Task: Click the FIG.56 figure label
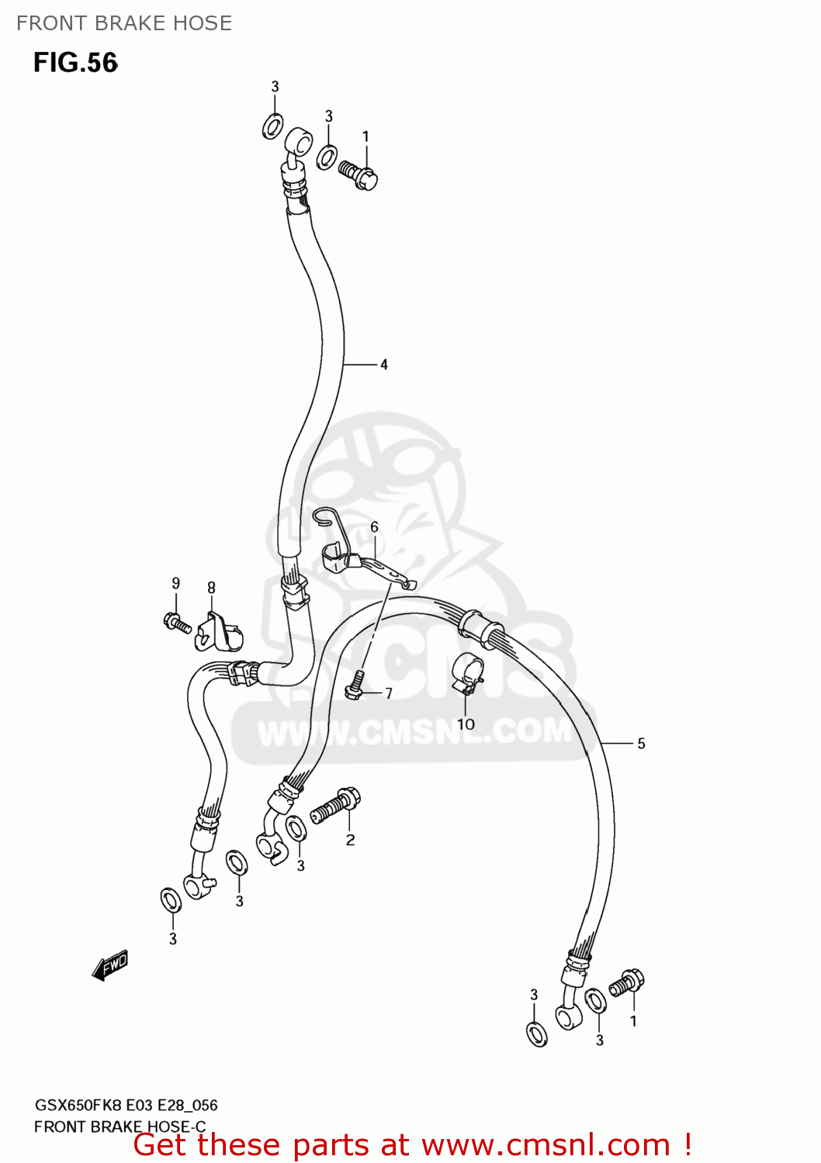click(x=75, y=63)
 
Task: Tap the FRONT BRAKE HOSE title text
click(x=124, y=23)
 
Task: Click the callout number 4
click(x=383, y=364)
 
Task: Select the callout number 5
click(x=641, y=744)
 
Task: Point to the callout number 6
click(x=374, y=527)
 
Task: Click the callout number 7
click(x=389, y=693)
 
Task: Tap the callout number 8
click(x=211, y=588)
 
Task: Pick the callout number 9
click(x=176, y=583)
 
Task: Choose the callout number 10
click(x=466, y=724)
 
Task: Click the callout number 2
click(x=351, y=840)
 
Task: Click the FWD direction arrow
click(x=109, y=965)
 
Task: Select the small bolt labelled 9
click(x=177, y=622)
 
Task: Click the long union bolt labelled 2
click(x=335, y=806)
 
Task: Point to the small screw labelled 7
click(x=355, y=683)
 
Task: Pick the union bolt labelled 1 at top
click(x=358, y=174)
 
